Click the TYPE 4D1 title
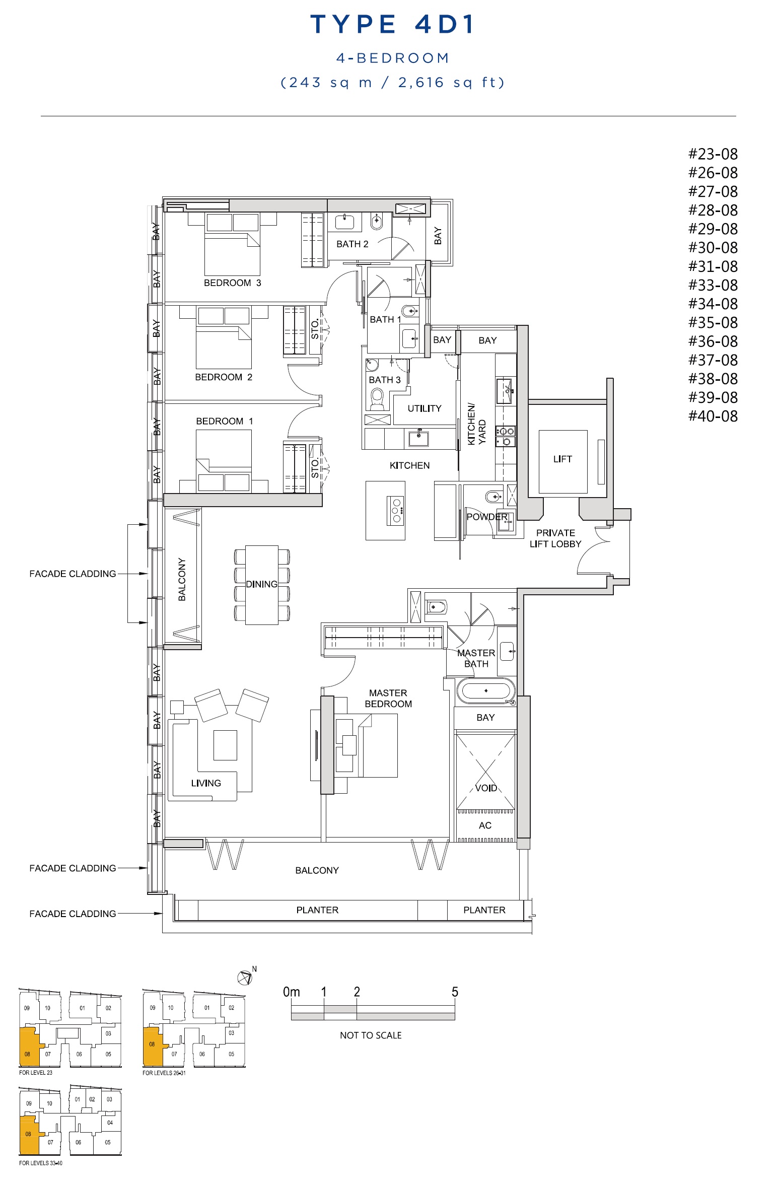(393, 24)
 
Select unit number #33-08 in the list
(713, 285)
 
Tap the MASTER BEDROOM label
(388, 699)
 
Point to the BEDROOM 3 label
(232, 283)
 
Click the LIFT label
(562, 459)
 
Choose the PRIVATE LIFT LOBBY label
(555, 538)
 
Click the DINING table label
(261, 584)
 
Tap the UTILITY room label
(425, 408)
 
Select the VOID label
(486, 788)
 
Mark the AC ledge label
(485, 825)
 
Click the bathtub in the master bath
(486, 690)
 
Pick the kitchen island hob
(396, 511)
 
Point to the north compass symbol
(245, 978)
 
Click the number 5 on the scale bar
(455, 992)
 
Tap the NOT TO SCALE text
(371, 1035)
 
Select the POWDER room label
(487, 517)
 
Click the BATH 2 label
(352, 244)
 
